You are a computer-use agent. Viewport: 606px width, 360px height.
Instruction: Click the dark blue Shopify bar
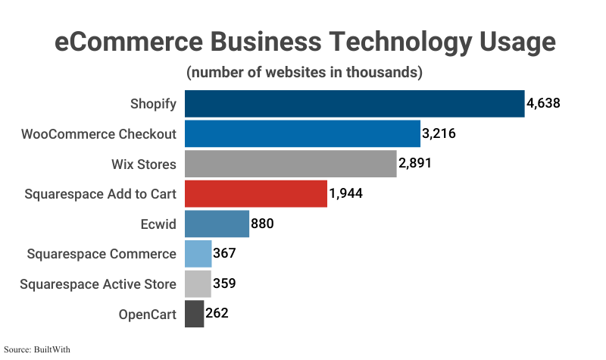pos(355,104)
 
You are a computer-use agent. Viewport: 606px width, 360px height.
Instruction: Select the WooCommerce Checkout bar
pos(302,134)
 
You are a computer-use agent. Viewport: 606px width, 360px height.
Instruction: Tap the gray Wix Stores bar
pos(291,164)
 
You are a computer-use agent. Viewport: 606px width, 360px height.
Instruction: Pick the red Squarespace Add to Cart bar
pos(256,194)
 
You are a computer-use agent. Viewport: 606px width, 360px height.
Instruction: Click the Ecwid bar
pos(217,224)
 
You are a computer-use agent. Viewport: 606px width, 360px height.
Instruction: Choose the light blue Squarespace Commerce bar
pos(198,254)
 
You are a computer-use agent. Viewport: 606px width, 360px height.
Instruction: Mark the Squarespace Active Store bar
pos(198,283)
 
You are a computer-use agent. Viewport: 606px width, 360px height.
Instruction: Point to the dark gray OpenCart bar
pos(195,314)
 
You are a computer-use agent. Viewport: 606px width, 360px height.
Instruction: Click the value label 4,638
pos(544,103)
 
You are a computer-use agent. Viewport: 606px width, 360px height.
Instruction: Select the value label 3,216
pos(439,134)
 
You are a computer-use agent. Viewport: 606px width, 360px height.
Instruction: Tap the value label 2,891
pos(415,164)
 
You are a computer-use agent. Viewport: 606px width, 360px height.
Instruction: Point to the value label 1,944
pos(346,194)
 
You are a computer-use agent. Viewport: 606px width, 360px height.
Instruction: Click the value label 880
pos(262,224)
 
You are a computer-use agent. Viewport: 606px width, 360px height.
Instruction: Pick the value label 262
pos(217,313)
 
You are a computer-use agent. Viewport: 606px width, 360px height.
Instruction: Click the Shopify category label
pos(153,104)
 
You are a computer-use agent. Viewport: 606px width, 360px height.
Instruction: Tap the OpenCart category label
pos(147,314)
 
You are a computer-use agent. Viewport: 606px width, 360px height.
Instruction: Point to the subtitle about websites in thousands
pos(304,73)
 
